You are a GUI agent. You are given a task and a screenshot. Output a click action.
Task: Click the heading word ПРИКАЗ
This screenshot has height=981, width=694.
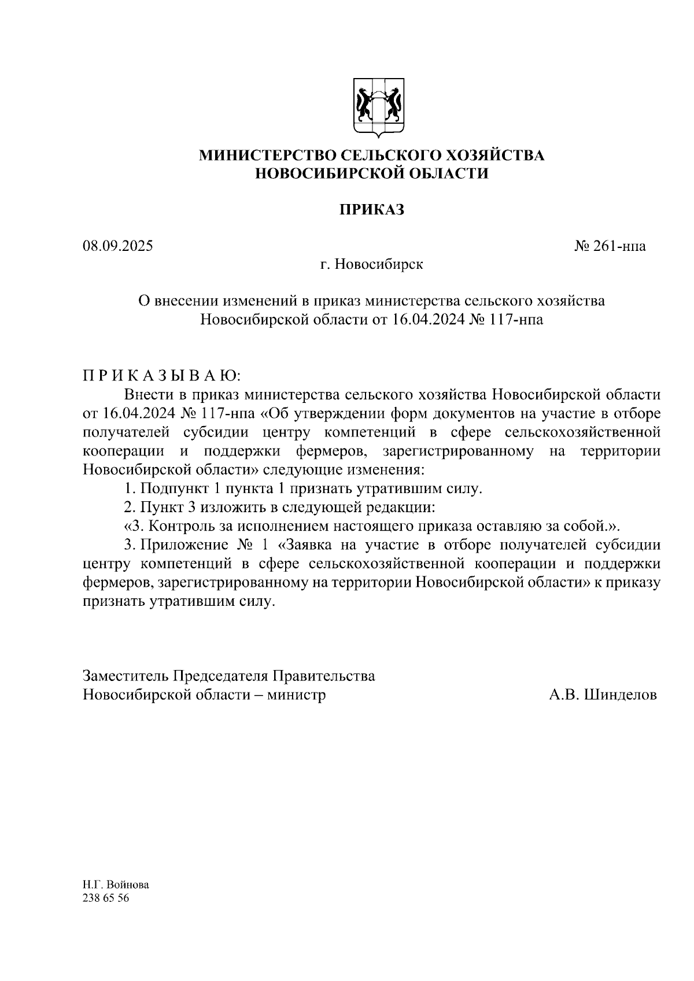(371, 210)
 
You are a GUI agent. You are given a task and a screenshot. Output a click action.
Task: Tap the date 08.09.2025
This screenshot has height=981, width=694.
(118, 246)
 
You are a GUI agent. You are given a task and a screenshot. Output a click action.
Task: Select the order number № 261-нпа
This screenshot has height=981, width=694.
(610, 246)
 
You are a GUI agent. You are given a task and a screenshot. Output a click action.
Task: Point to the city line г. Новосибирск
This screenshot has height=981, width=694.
(371, 265)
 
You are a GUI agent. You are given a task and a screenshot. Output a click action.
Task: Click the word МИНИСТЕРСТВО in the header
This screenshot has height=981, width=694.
(267, 156)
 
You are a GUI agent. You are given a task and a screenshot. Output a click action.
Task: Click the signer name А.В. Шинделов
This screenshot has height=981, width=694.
(603, 694)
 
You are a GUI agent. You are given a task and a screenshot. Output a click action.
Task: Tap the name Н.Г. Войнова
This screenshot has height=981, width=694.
(116, 885)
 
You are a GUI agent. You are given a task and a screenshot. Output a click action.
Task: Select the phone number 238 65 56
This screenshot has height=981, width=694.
(106, 898)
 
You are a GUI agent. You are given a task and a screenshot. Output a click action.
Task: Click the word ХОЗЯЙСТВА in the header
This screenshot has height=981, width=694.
(496, 156)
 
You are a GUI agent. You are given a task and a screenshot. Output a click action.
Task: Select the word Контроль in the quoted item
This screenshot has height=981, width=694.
(181, 526)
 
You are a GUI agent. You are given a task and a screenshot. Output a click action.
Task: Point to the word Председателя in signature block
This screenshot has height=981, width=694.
(223, 676)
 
